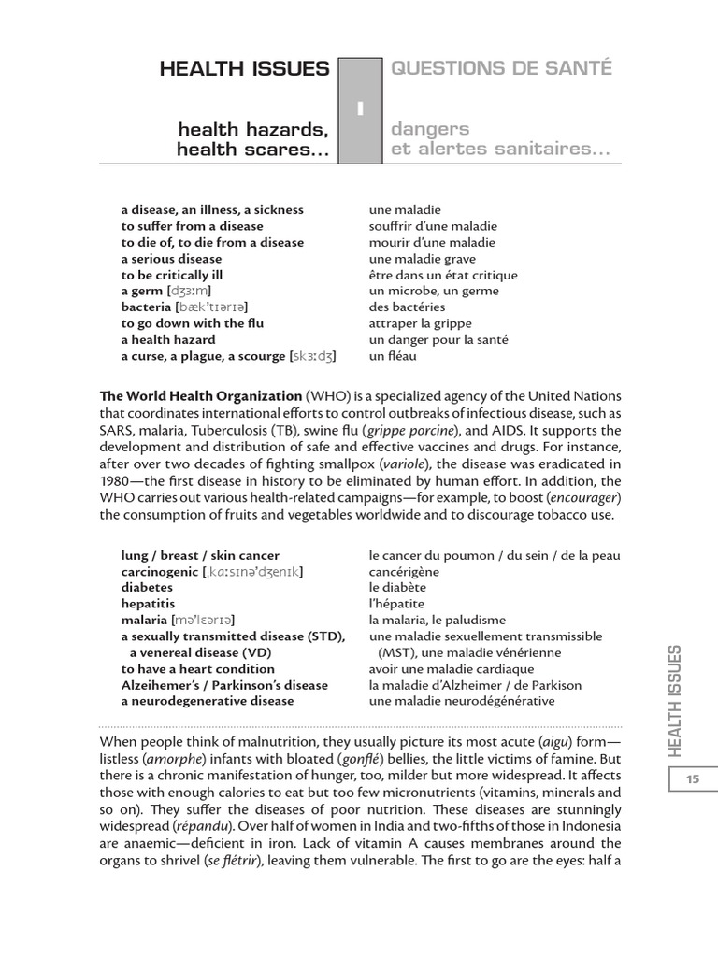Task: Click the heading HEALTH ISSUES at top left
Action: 244,68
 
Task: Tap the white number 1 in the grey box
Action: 360,110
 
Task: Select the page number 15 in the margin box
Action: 693,779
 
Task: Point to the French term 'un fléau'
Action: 392,356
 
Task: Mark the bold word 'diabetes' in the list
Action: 147,587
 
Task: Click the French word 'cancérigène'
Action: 404,571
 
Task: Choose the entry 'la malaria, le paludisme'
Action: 437,620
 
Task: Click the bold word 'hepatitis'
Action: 148,604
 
